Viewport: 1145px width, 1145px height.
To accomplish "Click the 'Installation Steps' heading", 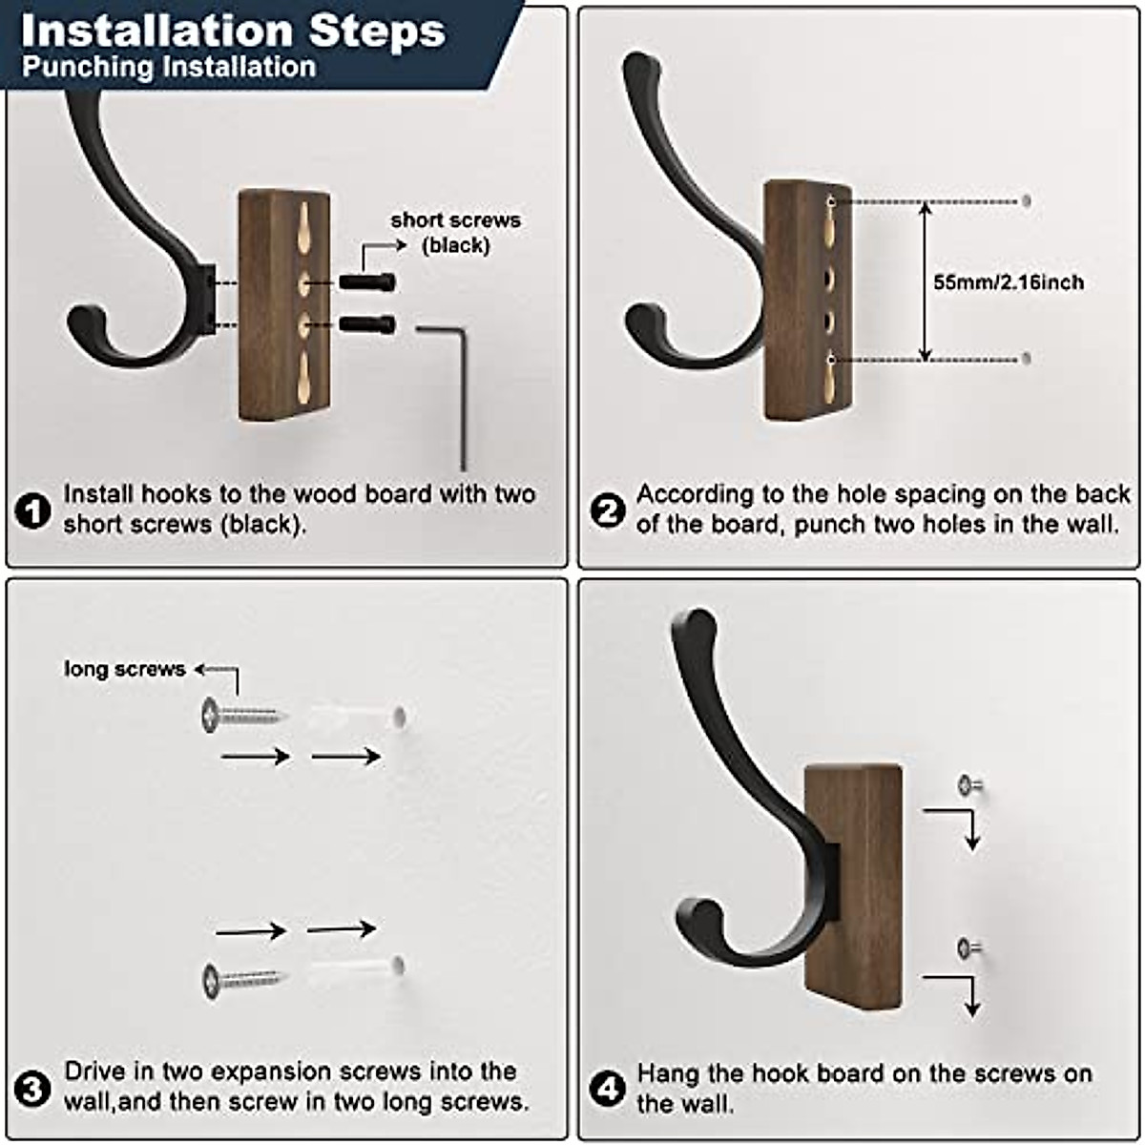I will pyautogui.click(x=233, y=31).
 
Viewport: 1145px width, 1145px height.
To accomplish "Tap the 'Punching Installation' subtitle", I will pyautogui.click(x=169, y=67).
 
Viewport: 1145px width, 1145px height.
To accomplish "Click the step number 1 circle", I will pyautogui.click(x=33, y=511).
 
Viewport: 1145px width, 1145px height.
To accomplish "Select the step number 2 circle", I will pyautogui.click(x=608, y=511).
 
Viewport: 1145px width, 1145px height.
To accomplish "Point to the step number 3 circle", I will pyautogui.click(x=33, y=1088).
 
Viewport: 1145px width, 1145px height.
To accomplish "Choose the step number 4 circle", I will pyautogui.click(x=608, y=1089).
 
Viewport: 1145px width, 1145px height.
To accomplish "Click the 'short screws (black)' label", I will pyautogui.click(x=455, y=233).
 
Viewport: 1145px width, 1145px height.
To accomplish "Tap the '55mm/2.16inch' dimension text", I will pyautogui.click(x=1008, y=282).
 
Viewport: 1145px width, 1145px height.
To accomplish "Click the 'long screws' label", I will pyautogui.click(x=124, y=669).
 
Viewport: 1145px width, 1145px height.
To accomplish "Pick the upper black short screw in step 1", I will pyautogui.click(x=367, y=281).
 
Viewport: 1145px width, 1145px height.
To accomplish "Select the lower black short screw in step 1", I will pyautogui.click(x=367, y=324).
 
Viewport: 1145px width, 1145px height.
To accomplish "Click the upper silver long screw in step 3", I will pyautogui.click(x=241, y=715).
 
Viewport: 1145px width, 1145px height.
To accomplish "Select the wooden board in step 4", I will pyautogui.click(x=853, y=887).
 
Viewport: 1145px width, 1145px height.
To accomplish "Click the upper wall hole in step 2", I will pyautogui.click(x=1026, y=201).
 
